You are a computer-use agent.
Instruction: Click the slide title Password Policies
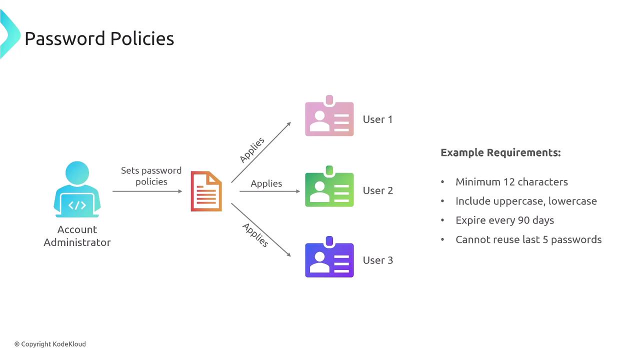99,38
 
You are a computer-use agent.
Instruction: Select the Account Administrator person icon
77,190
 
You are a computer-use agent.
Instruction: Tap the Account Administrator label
77,236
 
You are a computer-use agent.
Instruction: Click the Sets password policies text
151,176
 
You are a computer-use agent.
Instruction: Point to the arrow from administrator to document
147,191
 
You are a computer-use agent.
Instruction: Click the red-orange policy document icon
206,191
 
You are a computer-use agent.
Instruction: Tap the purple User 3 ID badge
329,258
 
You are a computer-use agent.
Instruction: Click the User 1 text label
377,119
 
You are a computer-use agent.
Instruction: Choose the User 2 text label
377,190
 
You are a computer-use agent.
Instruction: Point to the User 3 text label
377,260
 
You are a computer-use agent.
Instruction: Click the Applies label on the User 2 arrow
266,183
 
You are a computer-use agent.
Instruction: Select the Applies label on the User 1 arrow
252,149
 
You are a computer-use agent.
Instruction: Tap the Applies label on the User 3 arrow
255,234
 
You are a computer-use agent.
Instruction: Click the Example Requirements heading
500,152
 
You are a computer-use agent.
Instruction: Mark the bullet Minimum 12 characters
511,182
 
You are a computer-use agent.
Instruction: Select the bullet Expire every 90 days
504,220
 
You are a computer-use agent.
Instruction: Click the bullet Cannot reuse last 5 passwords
528,239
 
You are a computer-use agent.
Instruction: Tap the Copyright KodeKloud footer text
50,344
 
